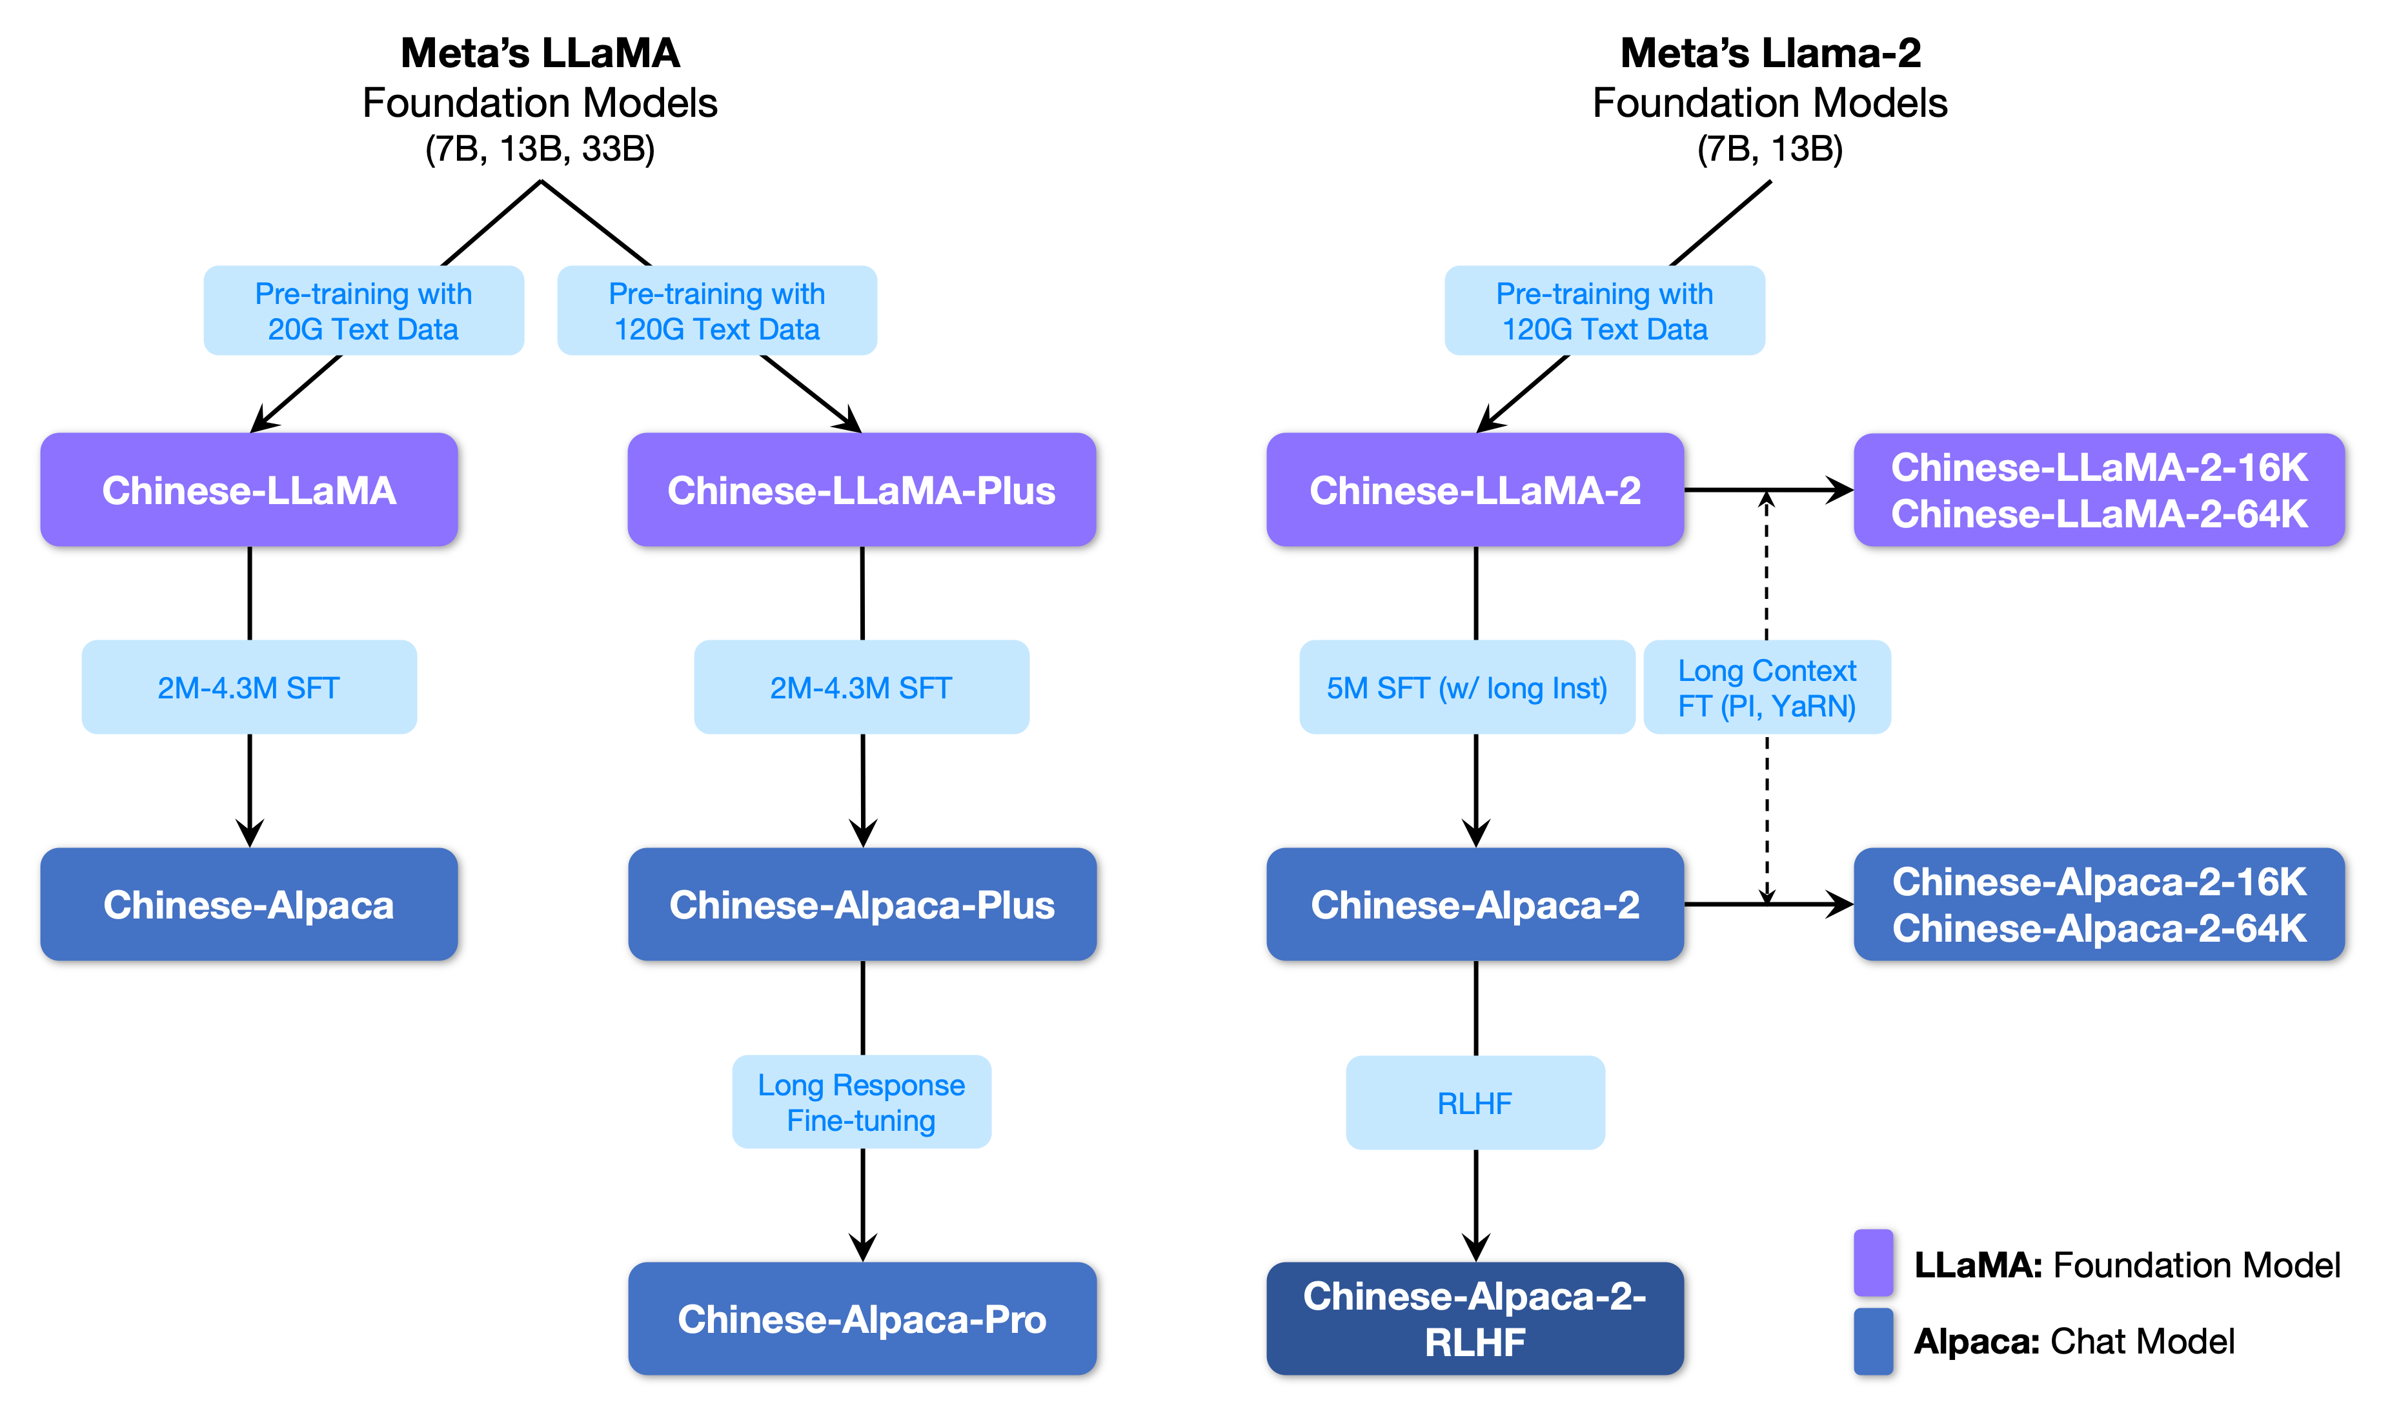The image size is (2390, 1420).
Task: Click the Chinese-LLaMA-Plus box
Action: click(861, 490)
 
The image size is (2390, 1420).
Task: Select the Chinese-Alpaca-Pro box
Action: click(861, 1319)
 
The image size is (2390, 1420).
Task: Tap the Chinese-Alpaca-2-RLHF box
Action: click(1474, 1319)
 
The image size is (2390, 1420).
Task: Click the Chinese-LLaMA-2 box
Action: click(1474, 490)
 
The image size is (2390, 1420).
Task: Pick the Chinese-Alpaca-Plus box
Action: click(861, 904)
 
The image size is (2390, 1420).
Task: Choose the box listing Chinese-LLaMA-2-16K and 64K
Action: click(2099, 490)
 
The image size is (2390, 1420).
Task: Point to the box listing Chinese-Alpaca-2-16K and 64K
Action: click(2099, 904)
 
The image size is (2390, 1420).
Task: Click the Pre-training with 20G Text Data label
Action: click(363, 311)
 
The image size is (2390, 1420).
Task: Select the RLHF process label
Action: click(1474, 1102)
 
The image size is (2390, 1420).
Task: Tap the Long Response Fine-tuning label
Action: click(861, 1102)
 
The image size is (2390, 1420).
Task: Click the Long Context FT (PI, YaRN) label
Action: click(1766, 687)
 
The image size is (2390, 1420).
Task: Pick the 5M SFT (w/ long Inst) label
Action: click(1466, 687)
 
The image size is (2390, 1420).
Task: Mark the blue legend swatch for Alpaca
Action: click(1872, 1341)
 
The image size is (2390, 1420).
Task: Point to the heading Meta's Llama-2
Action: click(1770, 53)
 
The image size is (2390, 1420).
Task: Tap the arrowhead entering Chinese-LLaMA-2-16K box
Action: click(1839, 490)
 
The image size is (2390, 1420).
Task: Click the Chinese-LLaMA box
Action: click(248, 490)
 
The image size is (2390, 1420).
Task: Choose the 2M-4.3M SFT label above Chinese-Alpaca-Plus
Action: click(861, 687)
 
